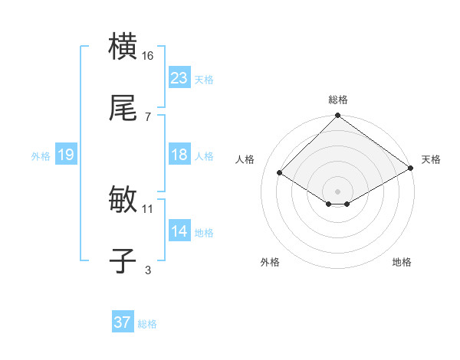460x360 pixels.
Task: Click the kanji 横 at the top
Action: point(123,47)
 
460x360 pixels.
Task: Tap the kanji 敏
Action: point(123,201)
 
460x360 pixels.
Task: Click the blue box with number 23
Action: point(179,78)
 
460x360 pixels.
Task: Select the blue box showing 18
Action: point(179,155)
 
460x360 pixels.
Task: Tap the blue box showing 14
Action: point(179,231)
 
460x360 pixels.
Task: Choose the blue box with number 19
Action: point(65,155)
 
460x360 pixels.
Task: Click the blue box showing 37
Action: point(122,322)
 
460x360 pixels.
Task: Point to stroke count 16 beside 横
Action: point(148,56)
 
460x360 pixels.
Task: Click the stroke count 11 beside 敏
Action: point(148,208)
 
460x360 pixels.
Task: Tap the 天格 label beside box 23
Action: point(204,79)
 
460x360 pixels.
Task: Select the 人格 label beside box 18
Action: point(204,155)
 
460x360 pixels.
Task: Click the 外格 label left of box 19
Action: point(41,155)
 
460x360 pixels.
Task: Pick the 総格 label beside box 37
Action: point(147,323)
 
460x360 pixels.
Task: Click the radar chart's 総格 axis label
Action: point(338,100)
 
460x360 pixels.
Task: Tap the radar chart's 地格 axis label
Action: point(402,262)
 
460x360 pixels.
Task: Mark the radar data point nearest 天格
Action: point(410,168)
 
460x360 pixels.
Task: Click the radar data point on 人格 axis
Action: point(280,173)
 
